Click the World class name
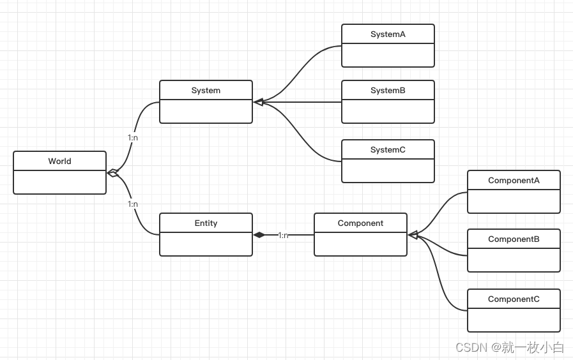pos(59,161)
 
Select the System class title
pos(206,91)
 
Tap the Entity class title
pos(206,223)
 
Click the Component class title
pos(360,223)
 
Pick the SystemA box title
pos(388,34)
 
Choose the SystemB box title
pos(388,91)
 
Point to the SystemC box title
pos(388,150)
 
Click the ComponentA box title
pos(514,181)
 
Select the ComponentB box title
pos(514,239)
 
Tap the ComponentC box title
pos(514,299)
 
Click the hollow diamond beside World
pos(113,173)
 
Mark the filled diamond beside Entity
pos(259,235)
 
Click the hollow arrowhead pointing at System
pos(259,102)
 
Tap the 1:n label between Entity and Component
pos(283,236)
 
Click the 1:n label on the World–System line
pos(133,138)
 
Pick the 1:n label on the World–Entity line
pos(133,204)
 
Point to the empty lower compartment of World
pos(59,183)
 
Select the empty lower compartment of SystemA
pos(388,56)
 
